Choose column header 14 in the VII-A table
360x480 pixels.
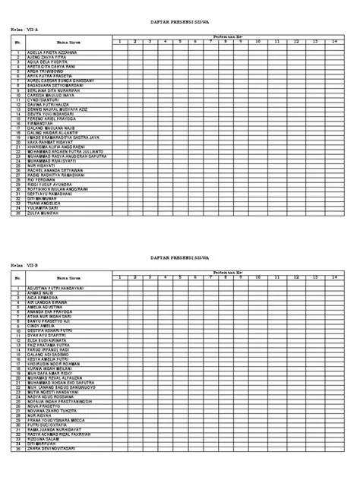coord(335,43)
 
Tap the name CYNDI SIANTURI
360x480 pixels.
coord(48,100)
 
